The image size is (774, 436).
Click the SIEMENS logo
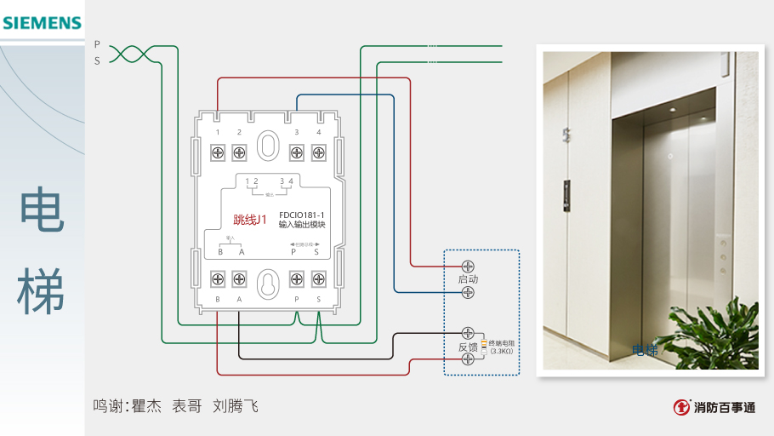point(42,23)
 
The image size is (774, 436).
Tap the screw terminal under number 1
point(218,152)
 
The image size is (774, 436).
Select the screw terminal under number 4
point(319,152)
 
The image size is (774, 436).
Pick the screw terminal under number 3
point(297,152)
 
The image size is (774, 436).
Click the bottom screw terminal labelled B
point(218,278)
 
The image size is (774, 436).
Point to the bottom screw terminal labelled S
point(319,278)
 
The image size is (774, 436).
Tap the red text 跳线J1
point(250,220)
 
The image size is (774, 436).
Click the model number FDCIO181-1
point(302,215)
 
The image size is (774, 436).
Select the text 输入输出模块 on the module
point(302,226)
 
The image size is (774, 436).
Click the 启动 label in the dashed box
point(468,279)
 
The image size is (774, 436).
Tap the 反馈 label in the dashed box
point(468,347)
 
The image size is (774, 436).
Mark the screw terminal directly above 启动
point(468,266)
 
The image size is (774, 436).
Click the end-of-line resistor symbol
point(484,347)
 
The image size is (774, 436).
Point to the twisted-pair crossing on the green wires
point(128,54)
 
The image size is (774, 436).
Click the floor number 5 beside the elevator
point(566,133)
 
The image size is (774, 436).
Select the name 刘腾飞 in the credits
point(235,406)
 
